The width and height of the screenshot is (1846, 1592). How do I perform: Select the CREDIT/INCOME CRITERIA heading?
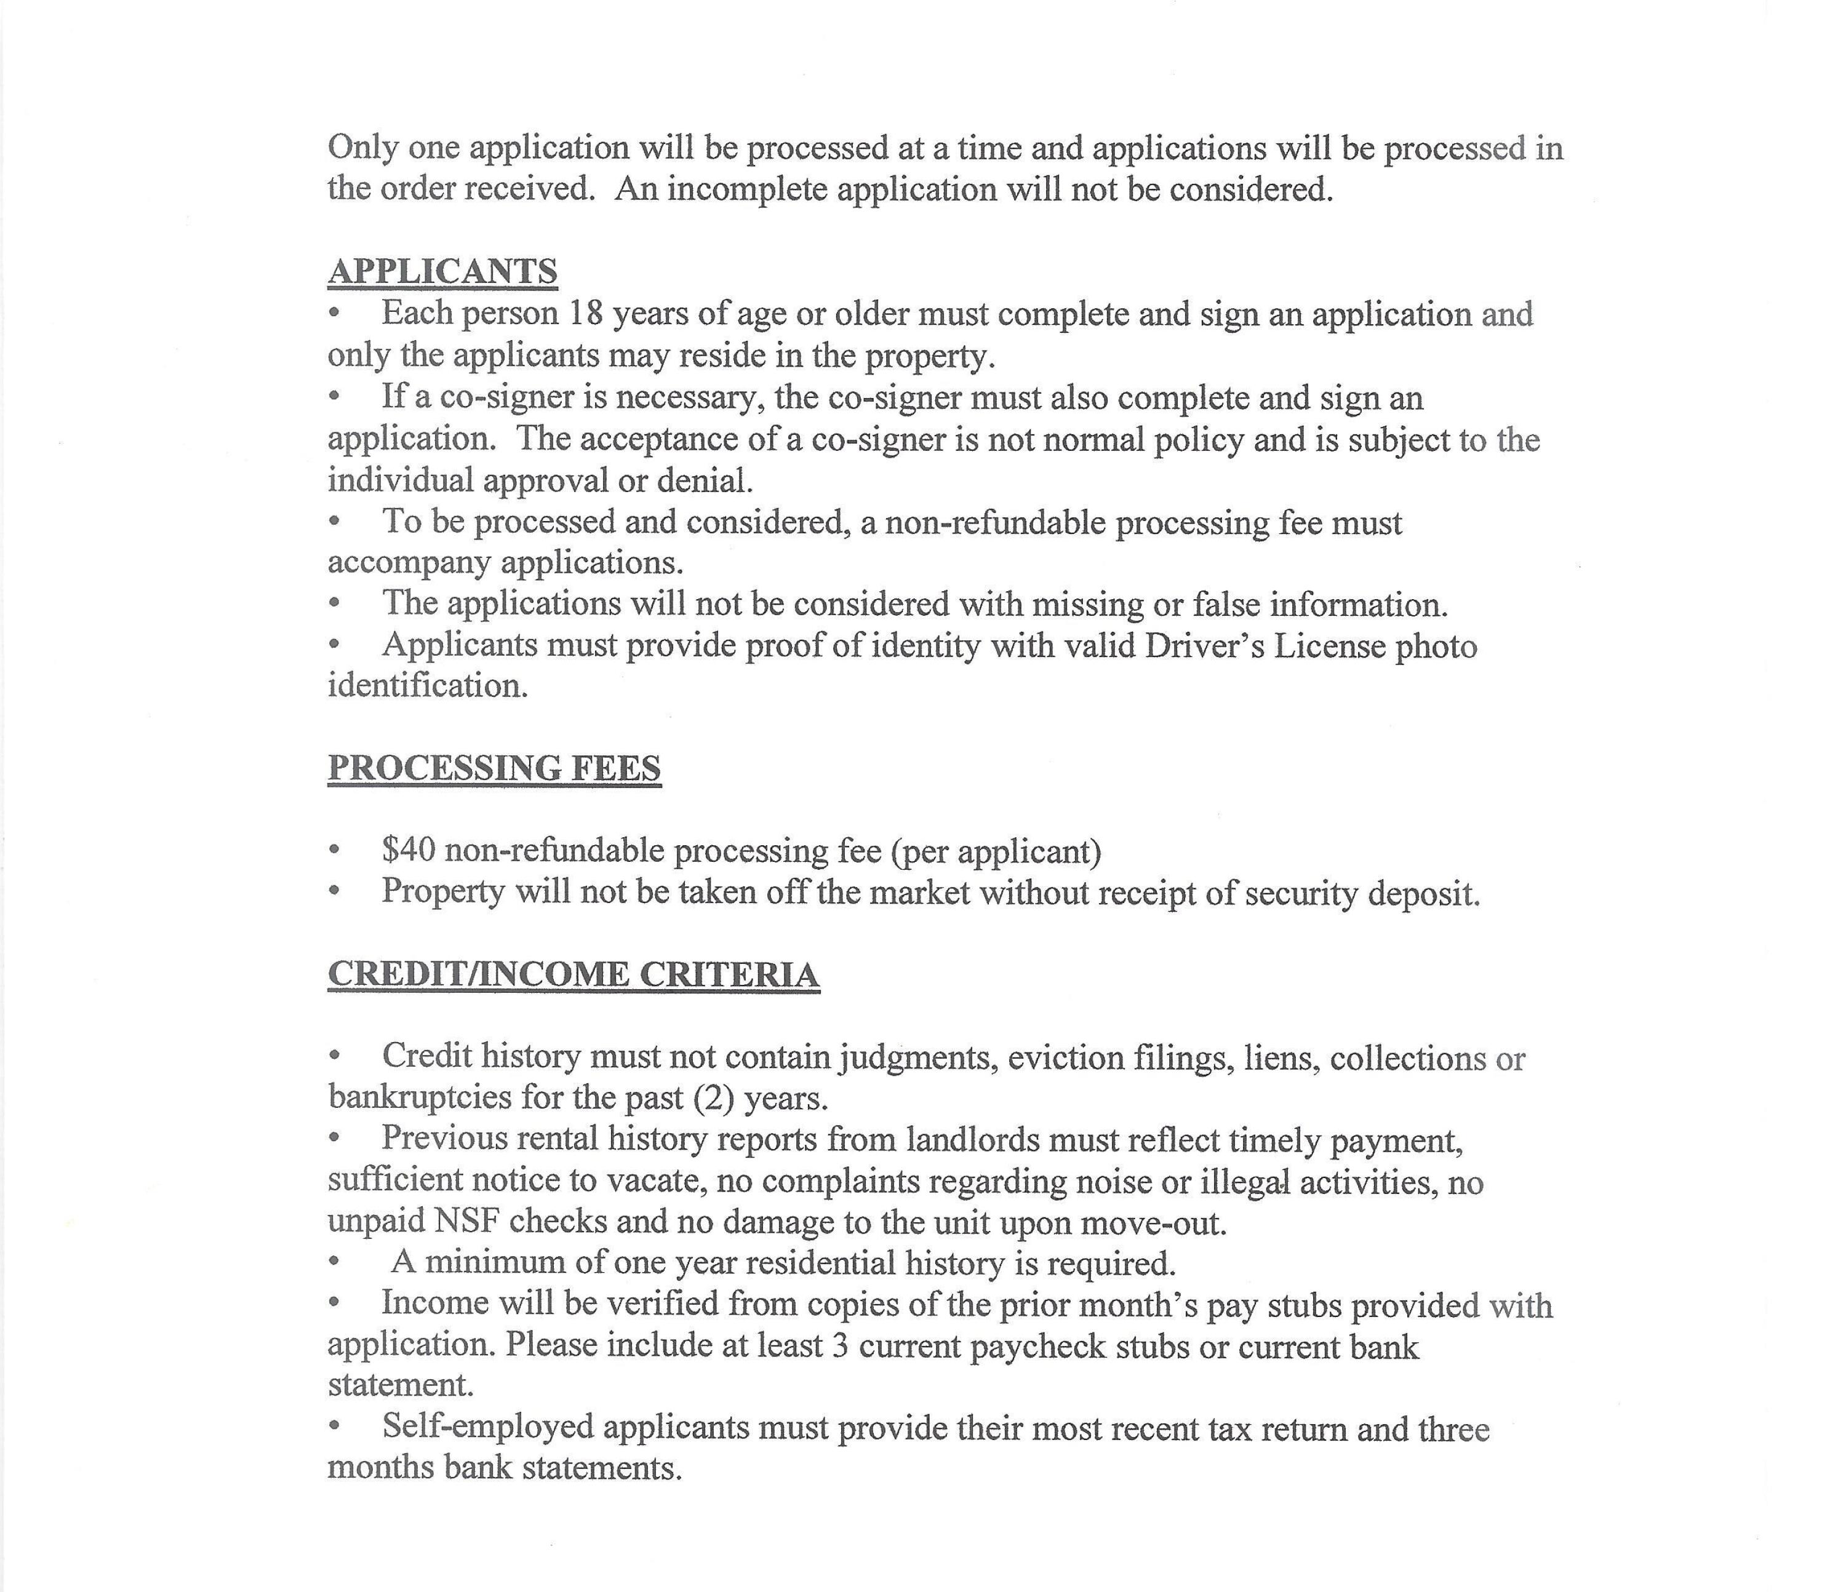click(573, 974)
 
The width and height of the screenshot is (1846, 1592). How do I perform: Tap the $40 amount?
click(408, 850)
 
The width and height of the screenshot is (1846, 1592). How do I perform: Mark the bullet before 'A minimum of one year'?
click(334, 1262)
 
